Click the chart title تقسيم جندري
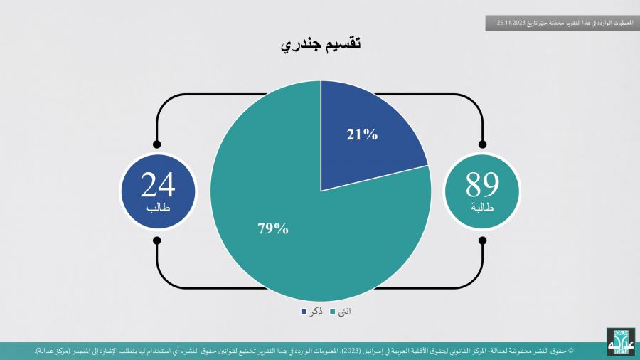[321, 43]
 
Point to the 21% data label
[362, 134]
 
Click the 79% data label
[273, 228]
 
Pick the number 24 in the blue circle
[158, 184]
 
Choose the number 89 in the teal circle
[482, 184]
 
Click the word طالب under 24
[158, 207]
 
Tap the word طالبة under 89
[482, 207]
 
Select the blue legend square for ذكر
[304, 312]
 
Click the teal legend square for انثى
[332, 312]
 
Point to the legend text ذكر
[316, 312]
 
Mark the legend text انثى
[344, 312]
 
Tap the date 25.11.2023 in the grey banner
[510, 23]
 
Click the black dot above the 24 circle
[156, 144]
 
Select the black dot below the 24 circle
[156, 240]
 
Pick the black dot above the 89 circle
[482, 144]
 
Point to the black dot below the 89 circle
[482, 240]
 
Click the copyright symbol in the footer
[570, 351]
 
